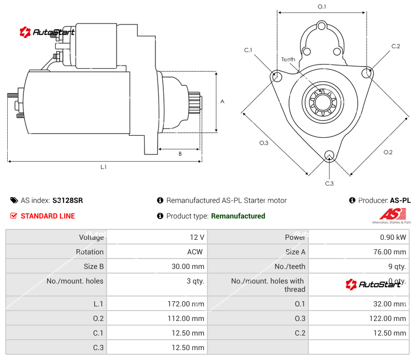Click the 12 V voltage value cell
(x=197, y=237)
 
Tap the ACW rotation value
(x=195, y=252)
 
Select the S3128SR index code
(x=68, y=200)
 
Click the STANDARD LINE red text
(x=47, y=216)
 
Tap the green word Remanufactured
(x=238, y=216)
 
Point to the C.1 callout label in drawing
(x=248, y=50)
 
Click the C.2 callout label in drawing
(x=396, y=46)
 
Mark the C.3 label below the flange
(x=329, y=183)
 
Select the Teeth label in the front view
(x=289, y=59)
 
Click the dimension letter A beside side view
(x=222, y=101)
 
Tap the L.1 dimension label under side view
(x=103, y=167)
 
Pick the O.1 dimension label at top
(x=322, y=6)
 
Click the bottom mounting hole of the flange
(x=329, y=155)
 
